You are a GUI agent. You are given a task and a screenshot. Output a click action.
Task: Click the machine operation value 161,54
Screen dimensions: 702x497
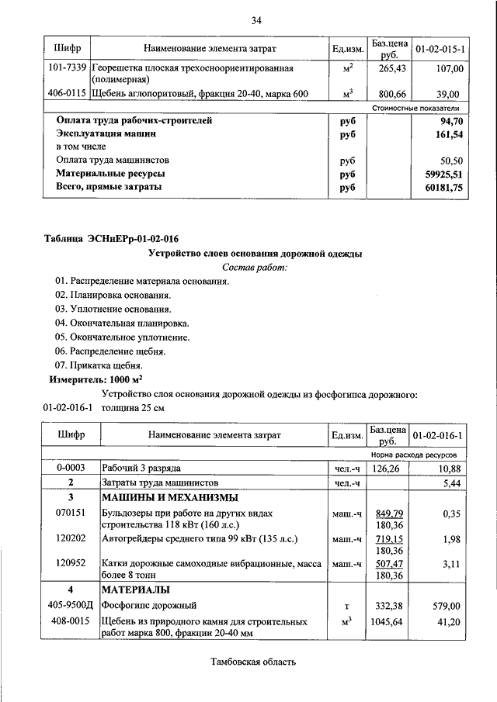(x=447, y=134)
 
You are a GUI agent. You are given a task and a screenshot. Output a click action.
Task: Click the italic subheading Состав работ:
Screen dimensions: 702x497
(x=255, y=268)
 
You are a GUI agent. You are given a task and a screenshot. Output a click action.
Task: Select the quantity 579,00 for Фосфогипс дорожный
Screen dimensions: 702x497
(x=447, y=605)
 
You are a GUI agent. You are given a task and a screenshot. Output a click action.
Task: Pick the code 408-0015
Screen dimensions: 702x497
(x=70, y=621)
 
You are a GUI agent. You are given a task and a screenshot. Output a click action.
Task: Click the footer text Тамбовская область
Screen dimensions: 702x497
(x=254, y=662)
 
